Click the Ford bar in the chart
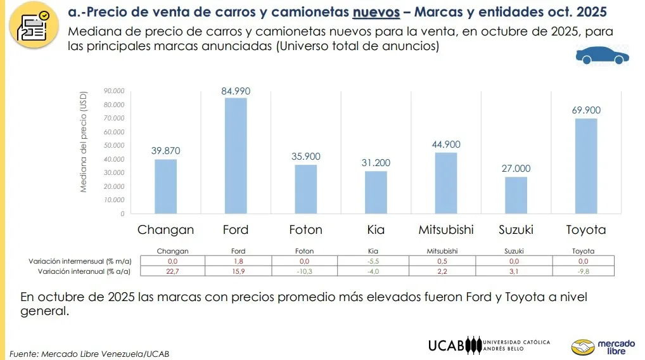(236, 156)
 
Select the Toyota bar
(586, 166)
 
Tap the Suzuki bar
(516, 195)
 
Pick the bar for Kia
(376, 192)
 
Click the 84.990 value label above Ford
(236, 91)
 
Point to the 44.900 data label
(446, 145)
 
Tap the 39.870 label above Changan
(166, 151)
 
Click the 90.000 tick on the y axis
(114, 91)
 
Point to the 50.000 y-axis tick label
(114, 146)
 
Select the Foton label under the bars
(305, 229)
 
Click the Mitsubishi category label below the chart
(445, 229)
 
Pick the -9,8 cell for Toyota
(583, 271)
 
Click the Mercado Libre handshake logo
(583, 347)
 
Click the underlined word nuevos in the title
(376, 12)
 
